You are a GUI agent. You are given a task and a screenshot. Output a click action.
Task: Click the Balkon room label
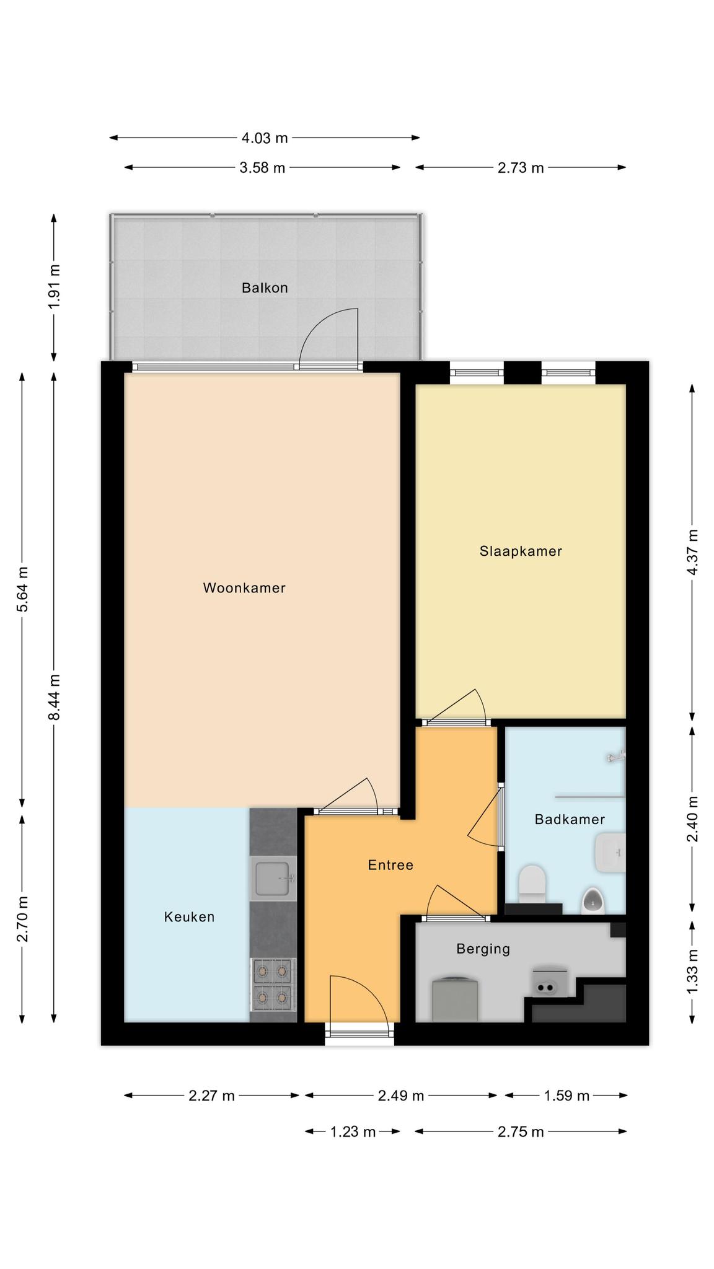point(265,288)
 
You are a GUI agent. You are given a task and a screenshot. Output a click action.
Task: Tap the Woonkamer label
point(244,588)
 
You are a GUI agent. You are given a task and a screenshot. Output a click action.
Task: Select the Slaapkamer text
point(521,551)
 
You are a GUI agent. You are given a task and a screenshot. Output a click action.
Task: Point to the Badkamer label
point(570,819)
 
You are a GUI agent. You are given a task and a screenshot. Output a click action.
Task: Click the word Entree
point(390,865)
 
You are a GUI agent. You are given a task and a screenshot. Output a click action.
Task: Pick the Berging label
point(483,949)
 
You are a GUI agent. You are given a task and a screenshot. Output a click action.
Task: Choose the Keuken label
point(189,916)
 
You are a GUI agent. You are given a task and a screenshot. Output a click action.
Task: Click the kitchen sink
point(273,878)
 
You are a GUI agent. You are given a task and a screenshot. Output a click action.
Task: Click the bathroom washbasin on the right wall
point(610,853)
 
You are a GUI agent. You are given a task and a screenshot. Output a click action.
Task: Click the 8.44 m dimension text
point(55,697)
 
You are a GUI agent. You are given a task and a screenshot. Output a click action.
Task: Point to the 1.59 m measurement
point(566,1096)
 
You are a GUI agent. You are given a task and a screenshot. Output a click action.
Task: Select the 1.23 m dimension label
point(353,1131)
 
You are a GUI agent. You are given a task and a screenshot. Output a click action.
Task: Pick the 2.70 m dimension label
point(23,919)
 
